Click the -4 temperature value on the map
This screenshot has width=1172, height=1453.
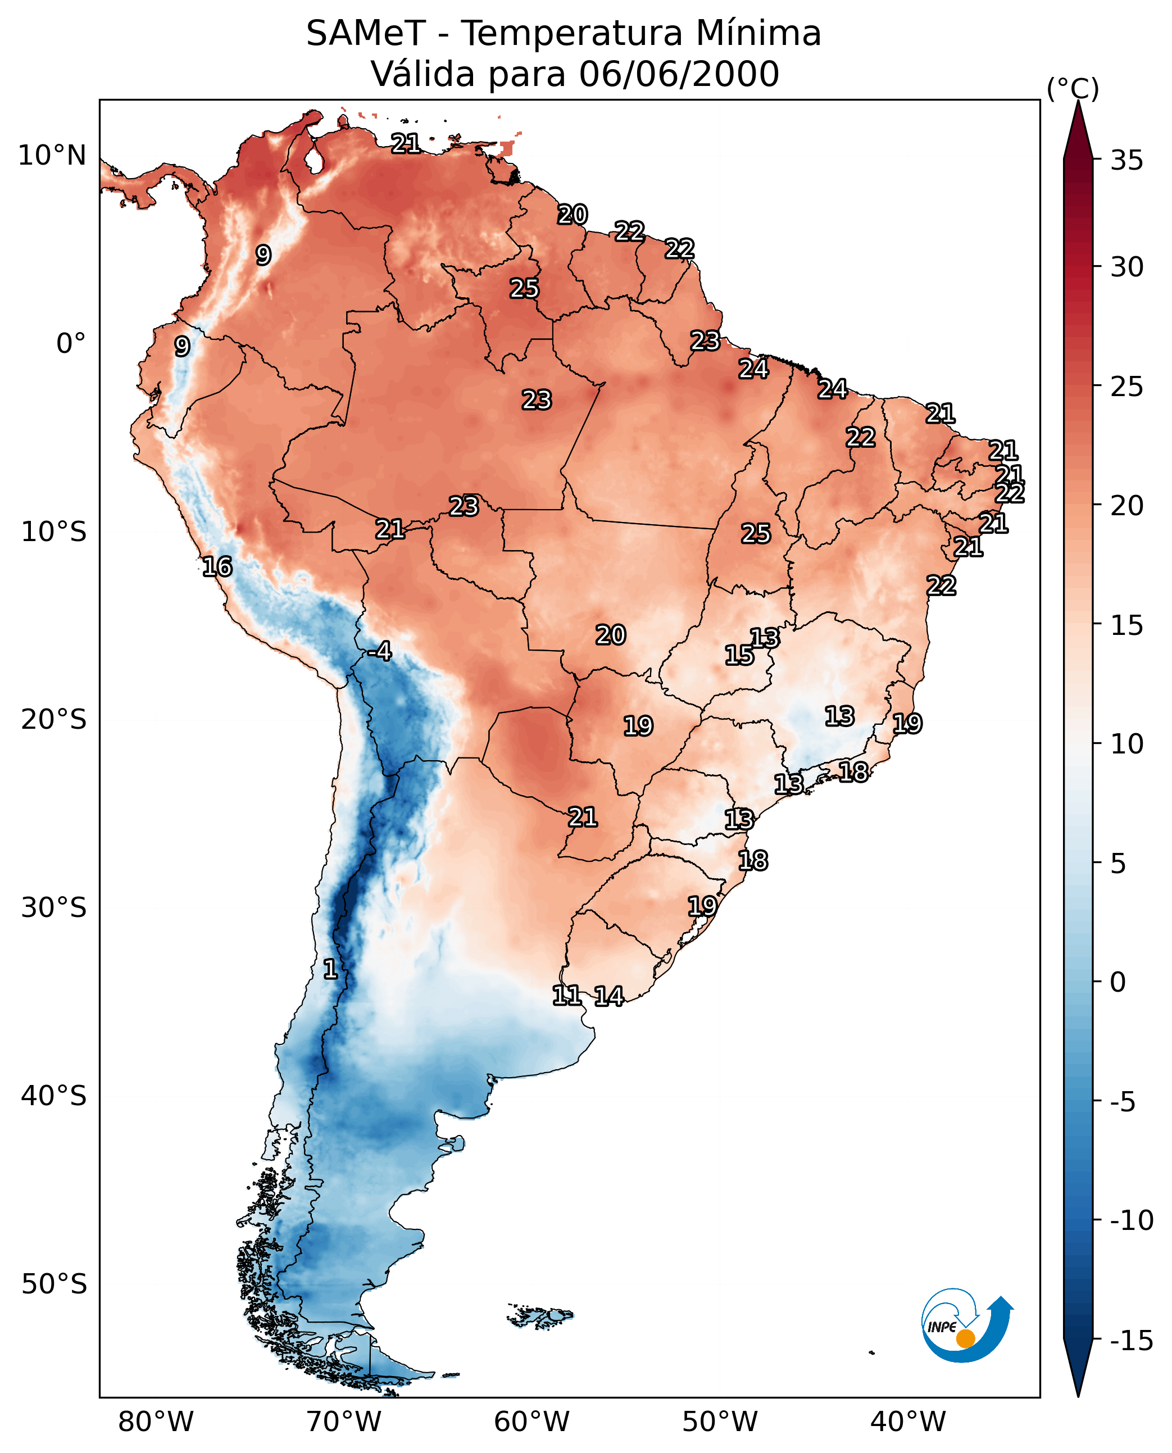(x=380, y=652)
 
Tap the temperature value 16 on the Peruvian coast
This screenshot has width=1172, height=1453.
(x=217, y=566)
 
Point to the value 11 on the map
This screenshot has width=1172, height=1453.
(x=566, y=995)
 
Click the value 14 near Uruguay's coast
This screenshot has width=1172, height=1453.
(x=609, y=996)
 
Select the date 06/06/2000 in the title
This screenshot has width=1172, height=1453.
(x=679, y=74)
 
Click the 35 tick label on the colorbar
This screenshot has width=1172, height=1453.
(x=1126, y=161)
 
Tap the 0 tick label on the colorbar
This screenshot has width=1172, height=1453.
(x=1118, y=982)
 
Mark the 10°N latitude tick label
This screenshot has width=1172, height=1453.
(x=52, y=156)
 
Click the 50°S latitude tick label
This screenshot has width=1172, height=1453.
(x=54, y=1283)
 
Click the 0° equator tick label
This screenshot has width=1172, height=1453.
(x=71, y=344)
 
